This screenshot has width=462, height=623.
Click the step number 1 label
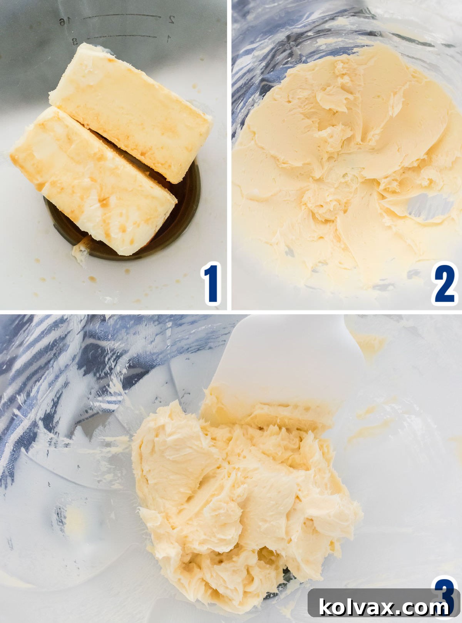(211, 283)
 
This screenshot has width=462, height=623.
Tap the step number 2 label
(445, 283)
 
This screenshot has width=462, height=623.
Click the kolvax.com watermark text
(384, 607)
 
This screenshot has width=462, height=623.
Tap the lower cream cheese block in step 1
(92, 181)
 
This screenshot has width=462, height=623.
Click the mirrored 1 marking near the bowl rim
(168, 38)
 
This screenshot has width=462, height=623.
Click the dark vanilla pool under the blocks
(181, 215)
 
